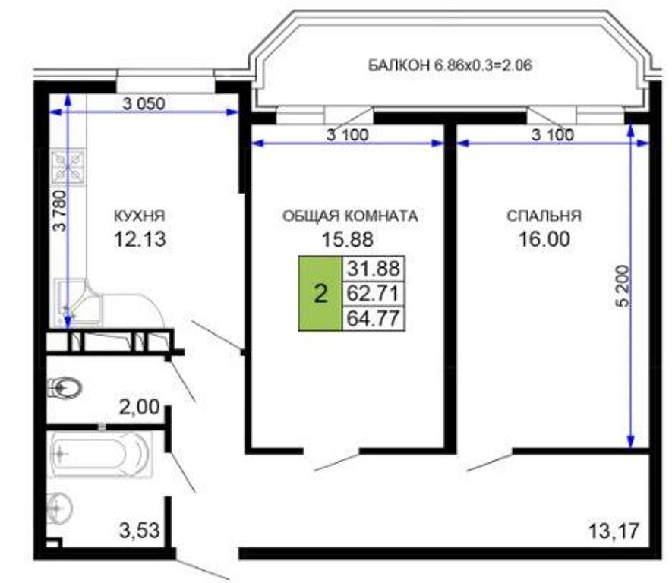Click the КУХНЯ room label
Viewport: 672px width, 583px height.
(139, 216)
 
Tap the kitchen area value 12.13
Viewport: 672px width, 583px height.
(140, 238)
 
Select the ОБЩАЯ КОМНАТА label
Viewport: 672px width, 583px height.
(350, 216)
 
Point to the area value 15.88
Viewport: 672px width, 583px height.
(348, 239)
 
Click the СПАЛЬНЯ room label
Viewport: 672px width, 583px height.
(544, 216)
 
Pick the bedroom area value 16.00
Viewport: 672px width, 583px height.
(544, 238)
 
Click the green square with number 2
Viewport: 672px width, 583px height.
(320, 294)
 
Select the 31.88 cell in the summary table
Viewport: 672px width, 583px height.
(374, 269)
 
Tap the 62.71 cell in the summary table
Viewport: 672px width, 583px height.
(374, 294)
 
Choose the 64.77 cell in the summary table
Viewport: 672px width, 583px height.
(374, 318)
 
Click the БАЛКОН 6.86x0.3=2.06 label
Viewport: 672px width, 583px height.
(450, 65)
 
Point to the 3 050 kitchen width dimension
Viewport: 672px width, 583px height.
(144, 103)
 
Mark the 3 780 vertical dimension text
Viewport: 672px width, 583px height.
(61, 210)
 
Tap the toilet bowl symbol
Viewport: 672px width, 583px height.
(65, 388)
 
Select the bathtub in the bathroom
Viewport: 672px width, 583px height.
(101, 454)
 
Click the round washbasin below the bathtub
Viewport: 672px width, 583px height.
(59, 508)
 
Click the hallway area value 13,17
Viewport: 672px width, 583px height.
(614, 531)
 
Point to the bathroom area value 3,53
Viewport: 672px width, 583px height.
(139, 531)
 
